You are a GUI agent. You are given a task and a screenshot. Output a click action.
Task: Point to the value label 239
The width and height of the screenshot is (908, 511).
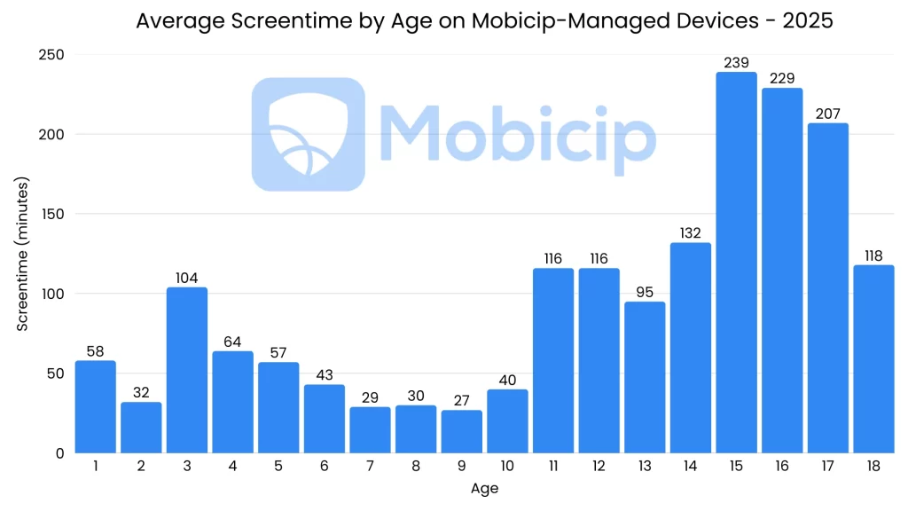[x=736, y=63]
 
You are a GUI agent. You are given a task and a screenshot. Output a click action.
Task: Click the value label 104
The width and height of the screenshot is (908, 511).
[x=186, y=278]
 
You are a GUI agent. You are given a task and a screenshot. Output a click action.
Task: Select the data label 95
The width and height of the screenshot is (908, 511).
[x=645, y=293]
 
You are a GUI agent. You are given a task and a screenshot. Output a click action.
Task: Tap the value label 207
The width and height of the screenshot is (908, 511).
[x=827, y=114]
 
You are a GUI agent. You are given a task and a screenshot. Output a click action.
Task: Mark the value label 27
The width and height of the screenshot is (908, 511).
[x=461, y=401]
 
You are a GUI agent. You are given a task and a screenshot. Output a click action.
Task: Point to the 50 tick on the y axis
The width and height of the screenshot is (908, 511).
[x=57, y=373]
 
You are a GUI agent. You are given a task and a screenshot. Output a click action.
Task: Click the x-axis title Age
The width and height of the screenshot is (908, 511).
[x=484, y=489]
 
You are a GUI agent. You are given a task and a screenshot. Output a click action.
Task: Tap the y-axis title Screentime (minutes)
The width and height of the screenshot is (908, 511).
[x=24, y=255]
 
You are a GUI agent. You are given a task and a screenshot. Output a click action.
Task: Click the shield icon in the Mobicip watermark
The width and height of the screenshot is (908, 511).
[x=308, y=134]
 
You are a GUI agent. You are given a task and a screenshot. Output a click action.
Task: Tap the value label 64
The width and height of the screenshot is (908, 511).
[x=232, y=342]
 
